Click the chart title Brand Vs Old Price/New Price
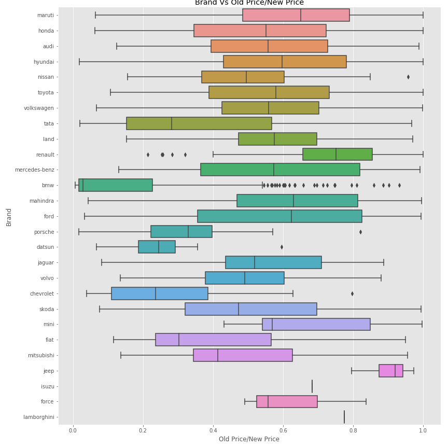(249, 3)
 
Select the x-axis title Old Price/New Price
(249, 439)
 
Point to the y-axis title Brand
(9, 217)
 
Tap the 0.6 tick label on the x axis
(283, 430)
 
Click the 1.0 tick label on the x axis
(423, 430)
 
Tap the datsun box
(157, 247)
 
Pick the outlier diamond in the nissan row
(408, 77)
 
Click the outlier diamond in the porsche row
(360, 232)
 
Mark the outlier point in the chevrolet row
(352, 293)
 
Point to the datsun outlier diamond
(282, 247)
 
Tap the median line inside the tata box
(172, 123)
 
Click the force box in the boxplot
(287, 401)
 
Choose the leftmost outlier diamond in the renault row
(148, 155)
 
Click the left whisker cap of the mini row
(224, 324)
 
